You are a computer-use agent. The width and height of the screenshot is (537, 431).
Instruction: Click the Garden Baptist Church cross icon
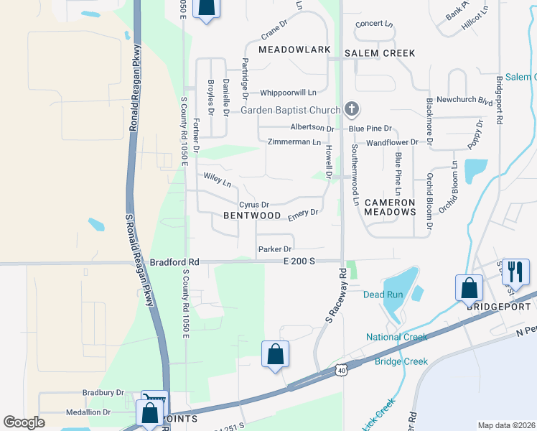coord(351,110)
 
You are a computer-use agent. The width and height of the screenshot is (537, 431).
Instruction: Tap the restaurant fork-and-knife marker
coord(515,272)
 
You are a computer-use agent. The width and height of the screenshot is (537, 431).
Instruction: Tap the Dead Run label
coord(378,295)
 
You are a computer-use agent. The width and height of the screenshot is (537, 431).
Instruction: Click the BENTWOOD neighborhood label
coord(251,215)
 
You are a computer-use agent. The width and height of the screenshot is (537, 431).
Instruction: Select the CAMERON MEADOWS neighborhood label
coord(390,208)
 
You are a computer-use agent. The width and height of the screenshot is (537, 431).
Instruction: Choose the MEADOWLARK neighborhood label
coord(294,50)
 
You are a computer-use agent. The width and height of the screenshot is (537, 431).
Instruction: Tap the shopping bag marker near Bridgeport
coord(469,288)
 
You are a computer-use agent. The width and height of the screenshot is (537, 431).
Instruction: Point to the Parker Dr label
coord(274,249)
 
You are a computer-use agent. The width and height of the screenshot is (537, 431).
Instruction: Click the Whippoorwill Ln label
coord(288,93)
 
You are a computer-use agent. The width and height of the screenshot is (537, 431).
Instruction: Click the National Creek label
coord(396,337)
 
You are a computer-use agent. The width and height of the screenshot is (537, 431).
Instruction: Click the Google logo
coord(24,422)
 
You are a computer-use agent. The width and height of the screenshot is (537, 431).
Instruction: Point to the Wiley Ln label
coord(218,179)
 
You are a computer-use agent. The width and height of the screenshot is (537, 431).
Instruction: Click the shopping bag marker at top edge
coord(206,9)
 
